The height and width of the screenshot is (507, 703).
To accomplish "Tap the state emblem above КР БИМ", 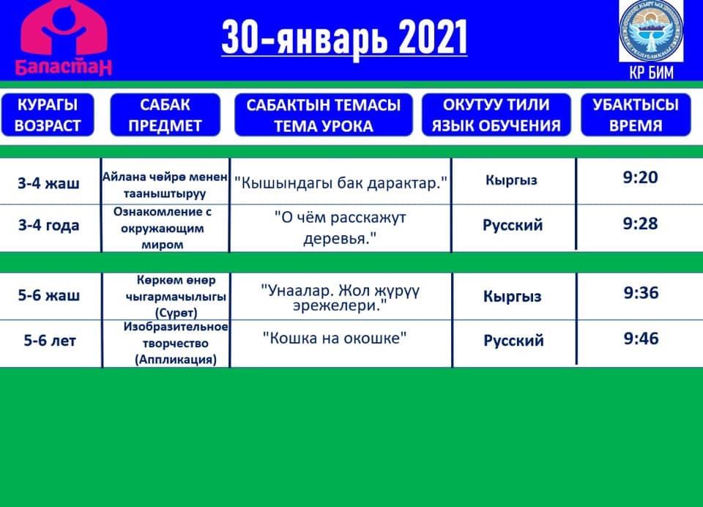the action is tap(651, 32).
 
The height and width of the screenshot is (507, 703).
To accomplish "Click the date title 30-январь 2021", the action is tap(344, 38).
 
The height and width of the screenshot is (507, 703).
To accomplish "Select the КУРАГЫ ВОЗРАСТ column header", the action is tap(48, 115).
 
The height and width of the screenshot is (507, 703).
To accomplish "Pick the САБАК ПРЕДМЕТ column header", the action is tap(165, 115).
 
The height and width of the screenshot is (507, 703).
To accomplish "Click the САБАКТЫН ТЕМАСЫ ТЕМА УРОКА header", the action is tap(323, 115).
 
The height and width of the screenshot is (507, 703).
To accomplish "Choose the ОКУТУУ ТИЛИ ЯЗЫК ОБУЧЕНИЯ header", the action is tap(496, 115).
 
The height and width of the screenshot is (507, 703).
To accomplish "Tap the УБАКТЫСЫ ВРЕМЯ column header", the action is tap(636, 115).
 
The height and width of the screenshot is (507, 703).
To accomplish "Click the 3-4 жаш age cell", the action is tap(49, 183).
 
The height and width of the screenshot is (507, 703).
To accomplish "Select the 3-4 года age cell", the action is tap(49, 225).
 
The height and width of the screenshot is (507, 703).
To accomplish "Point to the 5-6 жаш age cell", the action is tap(49, 295).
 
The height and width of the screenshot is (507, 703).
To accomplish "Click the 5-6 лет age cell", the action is tap(50, 341).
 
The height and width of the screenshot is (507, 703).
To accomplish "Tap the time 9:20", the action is tap(640, 177).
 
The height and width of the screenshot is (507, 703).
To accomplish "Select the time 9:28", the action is tap(640, 223).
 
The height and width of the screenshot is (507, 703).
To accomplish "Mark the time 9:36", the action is tap(641, 292).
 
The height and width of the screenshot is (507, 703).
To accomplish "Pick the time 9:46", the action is tap(641, 338).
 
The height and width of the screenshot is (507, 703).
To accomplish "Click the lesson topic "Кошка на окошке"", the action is tap(335, 338).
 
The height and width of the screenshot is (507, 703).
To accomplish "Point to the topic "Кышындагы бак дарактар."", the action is tap(341, 183).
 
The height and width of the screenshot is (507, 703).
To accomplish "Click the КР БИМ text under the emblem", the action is tap(652, 72).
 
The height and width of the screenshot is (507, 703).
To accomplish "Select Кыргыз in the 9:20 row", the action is tap(511, 180).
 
